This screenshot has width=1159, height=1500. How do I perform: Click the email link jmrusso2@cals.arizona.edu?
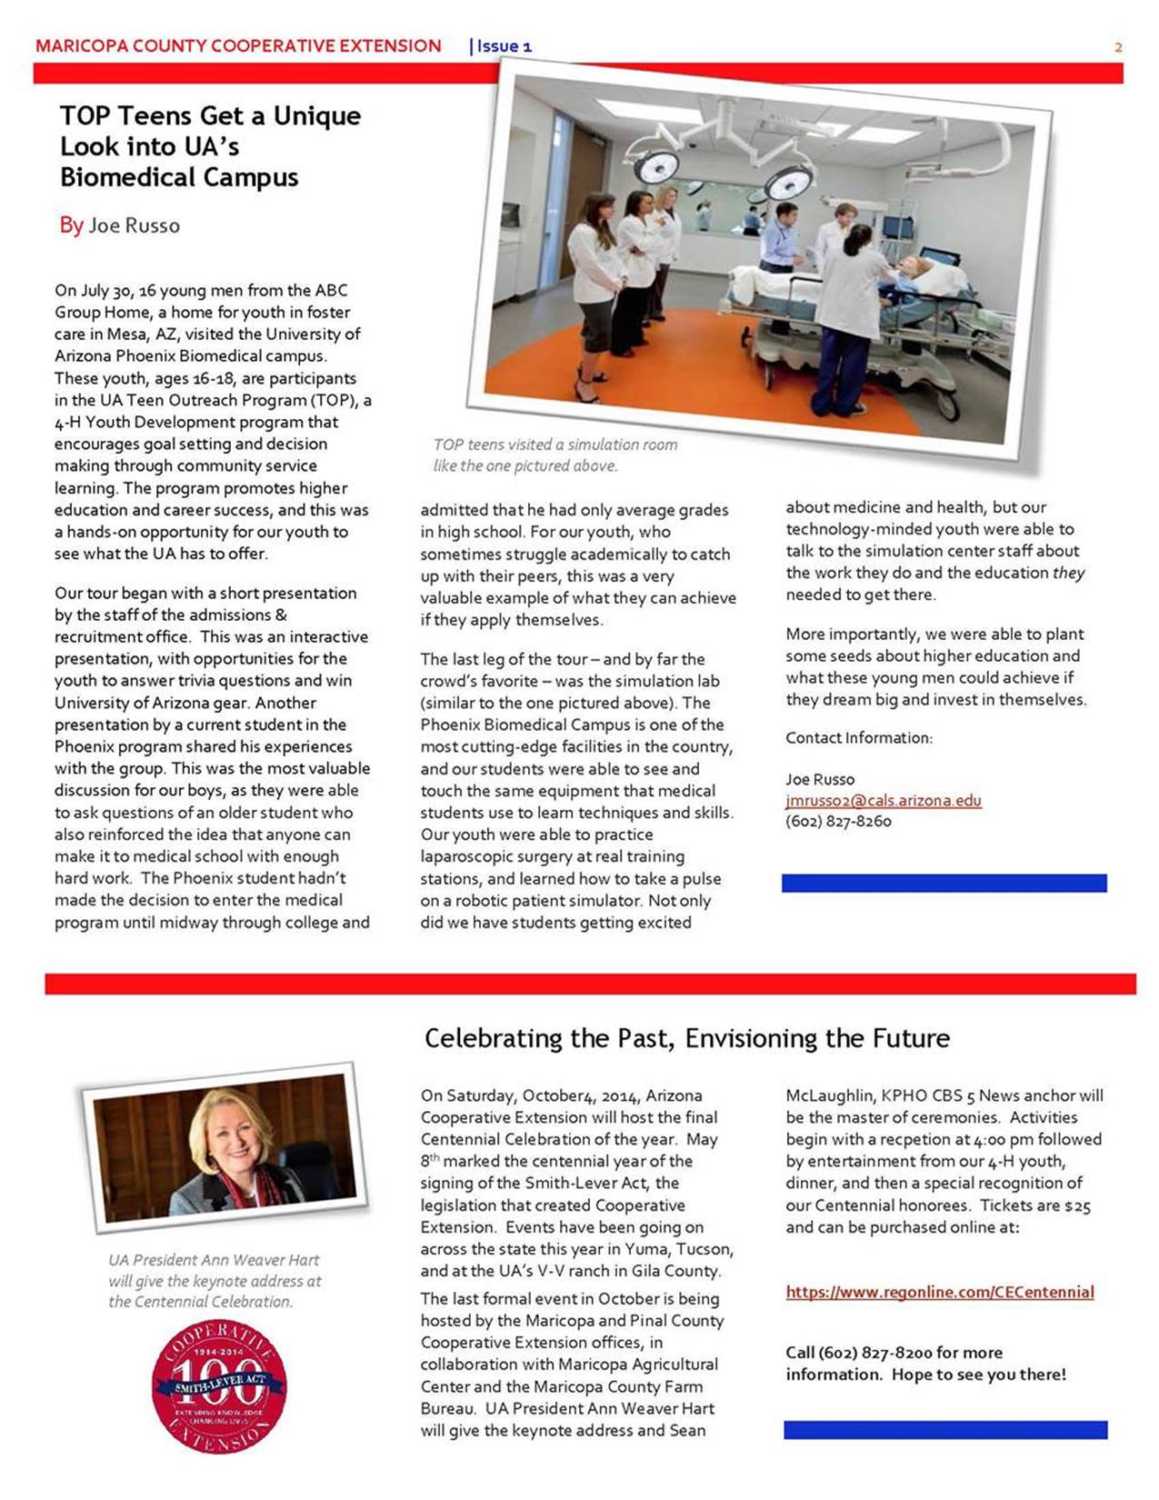883,801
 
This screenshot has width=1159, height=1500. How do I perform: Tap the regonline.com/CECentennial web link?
940,1292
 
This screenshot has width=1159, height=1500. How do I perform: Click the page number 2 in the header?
1118,47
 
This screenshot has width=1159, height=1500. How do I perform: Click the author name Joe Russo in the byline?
134,225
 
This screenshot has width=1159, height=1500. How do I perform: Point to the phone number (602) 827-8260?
838,821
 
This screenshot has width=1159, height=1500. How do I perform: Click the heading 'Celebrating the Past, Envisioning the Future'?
686,1038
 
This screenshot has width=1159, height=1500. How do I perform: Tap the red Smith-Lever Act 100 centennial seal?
219,1385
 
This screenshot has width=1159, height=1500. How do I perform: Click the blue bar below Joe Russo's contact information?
944,883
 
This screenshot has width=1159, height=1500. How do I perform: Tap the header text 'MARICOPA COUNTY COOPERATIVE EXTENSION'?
238,46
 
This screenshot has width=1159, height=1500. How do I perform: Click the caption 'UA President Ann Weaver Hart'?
214,1260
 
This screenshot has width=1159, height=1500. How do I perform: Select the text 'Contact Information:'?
859,738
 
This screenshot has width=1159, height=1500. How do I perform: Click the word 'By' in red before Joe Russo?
71,225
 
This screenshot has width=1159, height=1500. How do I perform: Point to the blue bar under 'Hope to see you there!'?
945,1430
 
